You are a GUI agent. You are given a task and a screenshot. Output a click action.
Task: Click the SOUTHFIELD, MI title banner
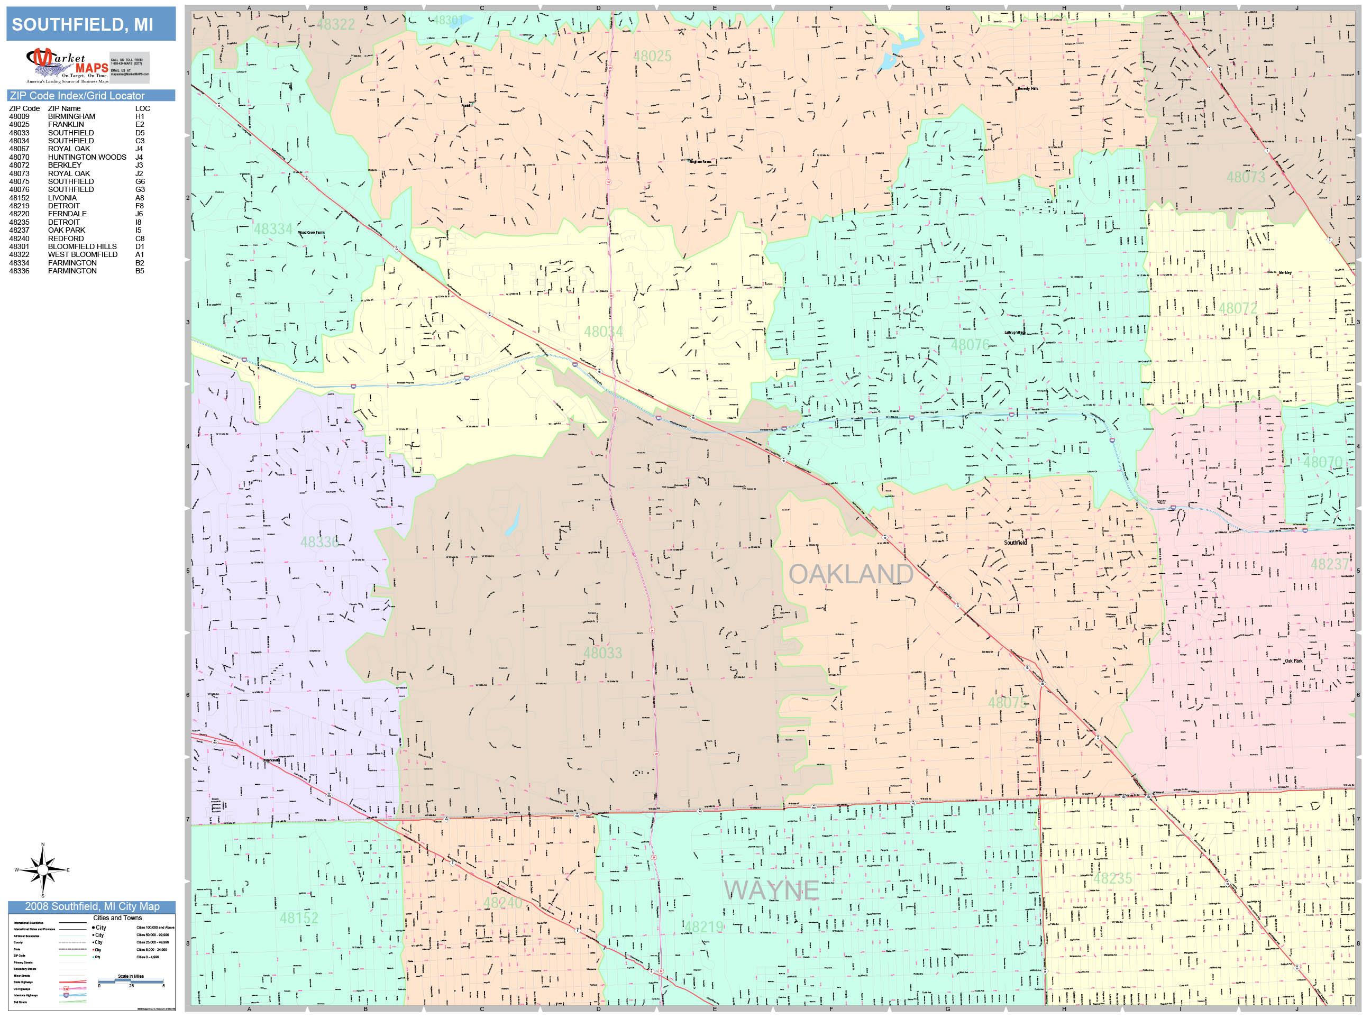click(x=90, y=24)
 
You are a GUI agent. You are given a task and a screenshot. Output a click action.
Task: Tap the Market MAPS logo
click(x=67, y=66)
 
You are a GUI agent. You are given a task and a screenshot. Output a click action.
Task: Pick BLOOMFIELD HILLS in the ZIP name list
click(x=82, y=246)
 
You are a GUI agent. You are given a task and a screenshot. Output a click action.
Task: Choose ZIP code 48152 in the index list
click(x=19, y=198)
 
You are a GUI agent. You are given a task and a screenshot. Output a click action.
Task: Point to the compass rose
click(x=42, y=870)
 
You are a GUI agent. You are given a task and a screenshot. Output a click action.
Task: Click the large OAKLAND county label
click(x=851, y=574)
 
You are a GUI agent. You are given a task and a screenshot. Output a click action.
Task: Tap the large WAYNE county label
click(x=771, y=891)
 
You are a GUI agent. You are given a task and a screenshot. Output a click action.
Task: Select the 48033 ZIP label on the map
click(x=602, y=653)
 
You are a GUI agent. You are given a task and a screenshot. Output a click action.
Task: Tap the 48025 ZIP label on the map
click(x=652, y=57)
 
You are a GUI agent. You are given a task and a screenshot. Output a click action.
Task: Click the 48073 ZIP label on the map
click(x=1246, y=177)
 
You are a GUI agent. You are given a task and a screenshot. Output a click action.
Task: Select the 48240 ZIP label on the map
click(x=502, y=903)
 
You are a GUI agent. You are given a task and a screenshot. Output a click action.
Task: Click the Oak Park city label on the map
click(x=1294, y=661)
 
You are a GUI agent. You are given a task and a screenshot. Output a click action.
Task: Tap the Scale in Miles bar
click(x=131, y=980)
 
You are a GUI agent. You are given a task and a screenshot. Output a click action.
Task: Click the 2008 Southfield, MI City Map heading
click(x=92, y=906)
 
